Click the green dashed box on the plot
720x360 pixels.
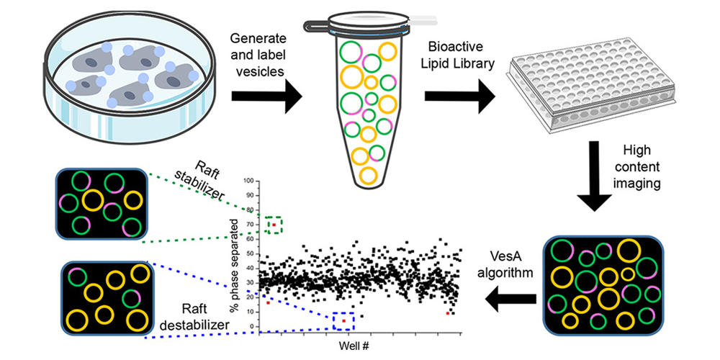point(274,225)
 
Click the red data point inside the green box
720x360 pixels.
point(273,225)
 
